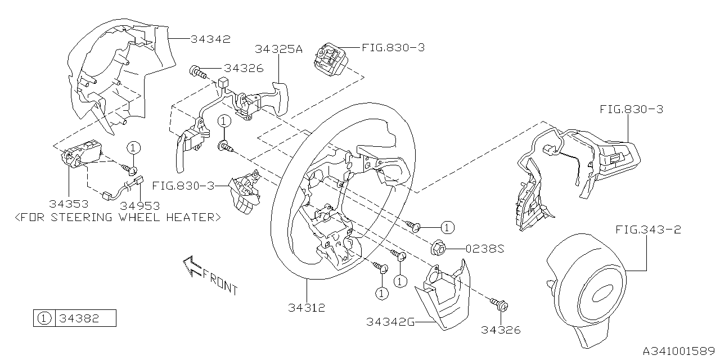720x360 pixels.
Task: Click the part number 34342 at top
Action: pyautogui.click(x=210, y=39)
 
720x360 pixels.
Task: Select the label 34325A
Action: pyautogui.click(x=279, y=49)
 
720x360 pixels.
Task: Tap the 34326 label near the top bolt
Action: pyautogui.click(x=244, y=68)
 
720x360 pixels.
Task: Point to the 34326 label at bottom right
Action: pyautogui.click(x=501, y=330)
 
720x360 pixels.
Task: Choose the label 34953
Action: pyautogui.click(x=139, y=205)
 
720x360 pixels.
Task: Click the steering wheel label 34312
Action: pyautogui.click(x=307, y=308)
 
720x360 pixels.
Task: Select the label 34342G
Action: pyautogui.click(x=390, y=322)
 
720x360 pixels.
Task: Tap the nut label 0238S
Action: pyautogui.click(x=484, y=248)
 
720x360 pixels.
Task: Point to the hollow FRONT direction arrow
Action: pyautogui.click(x=192, y=265)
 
